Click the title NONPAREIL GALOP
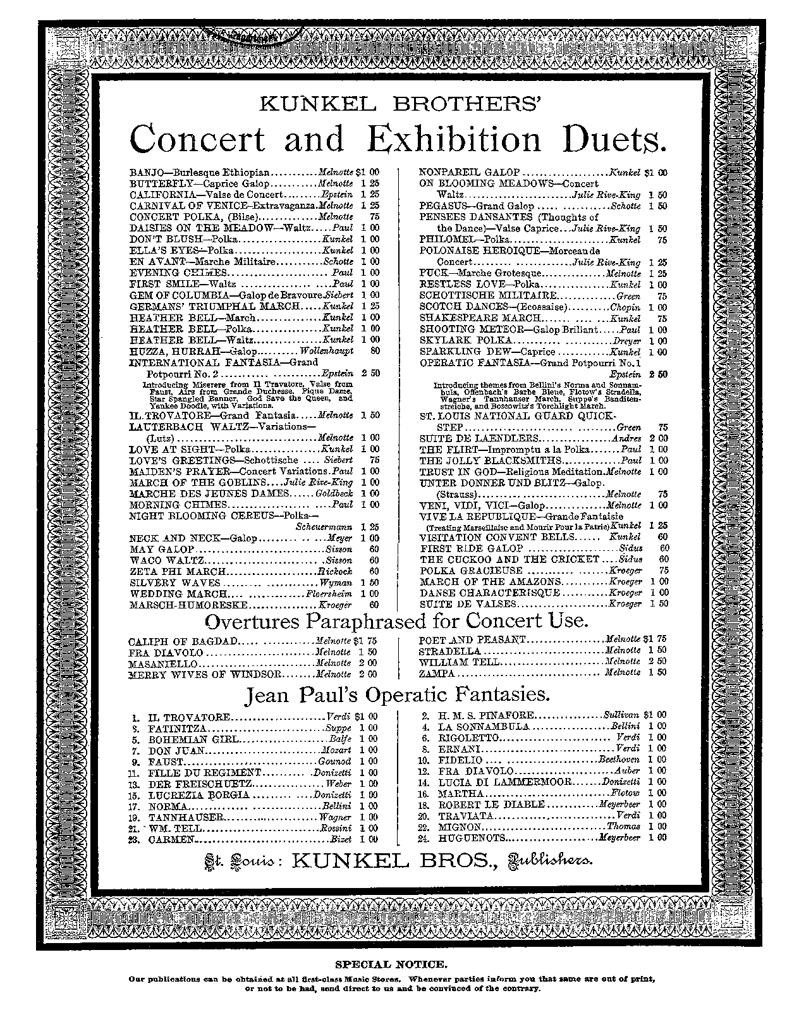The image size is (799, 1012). point(470,173)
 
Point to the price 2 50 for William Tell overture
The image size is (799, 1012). point(657,662)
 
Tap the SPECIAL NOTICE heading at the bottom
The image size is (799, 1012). point(391,965)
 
